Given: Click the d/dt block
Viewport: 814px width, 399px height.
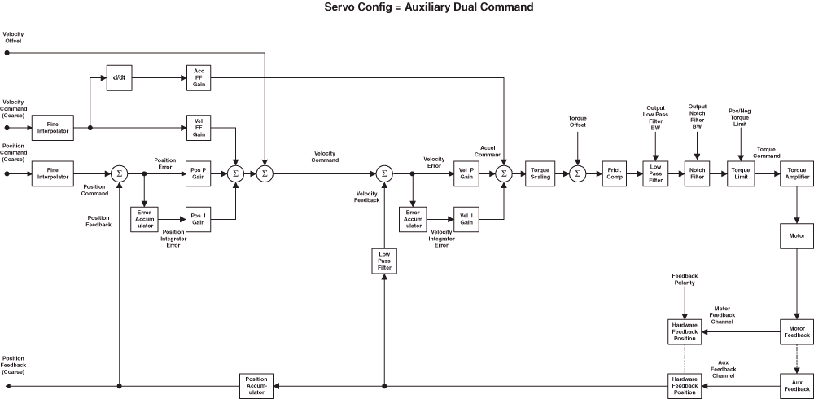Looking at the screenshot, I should coord(119,78).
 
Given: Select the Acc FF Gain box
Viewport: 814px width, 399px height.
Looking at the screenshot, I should coord(198,78).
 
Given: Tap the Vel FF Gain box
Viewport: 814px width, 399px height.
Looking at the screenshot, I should coord(198,128).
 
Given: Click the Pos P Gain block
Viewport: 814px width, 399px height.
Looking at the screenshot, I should coord(198,173).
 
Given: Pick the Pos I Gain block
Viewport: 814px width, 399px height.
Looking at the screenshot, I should coord(198,218).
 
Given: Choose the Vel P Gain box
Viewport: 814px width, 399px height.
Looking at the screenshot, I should coord(466,173).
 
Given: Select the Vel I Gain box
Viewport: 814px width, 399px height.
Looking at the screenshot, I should coord(466,218).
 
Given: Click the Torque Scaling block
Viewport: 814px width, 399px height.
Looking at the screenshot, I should coord(540,173).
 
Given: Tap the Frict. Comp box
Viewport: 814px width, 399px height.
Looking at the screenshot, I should coord(614,173).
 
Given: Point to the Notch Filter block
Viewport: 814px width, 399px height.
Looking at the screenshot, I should coord(698,173).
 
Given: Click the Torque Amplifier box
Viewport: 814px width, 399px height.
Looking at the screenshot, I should coord(796,173).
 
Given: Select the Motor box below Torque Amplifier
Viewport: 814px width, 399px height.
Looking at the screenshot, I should coord(796,236).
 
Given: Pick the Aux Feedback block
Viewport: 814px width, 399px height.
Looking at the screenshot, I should coord(796,384).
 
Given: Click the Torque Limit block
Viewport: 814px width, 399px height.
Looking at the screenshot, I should coord(741,173).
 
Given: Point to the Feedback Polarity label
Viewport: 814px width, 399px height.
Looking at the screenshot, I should coord(684,278).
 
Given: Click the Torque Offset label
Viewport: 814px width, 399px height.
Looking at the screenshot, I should coord(577,121).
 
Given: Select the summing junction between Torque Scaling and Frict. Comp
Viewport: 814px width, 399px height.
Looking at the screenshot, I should coord(577,173).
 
